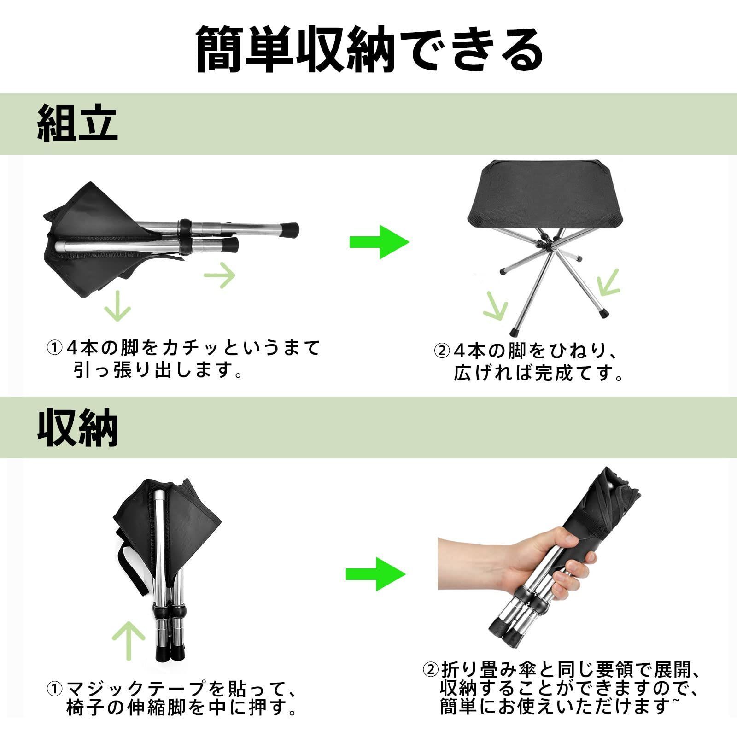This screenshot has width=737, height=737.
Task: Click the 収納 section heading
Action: point(77,428)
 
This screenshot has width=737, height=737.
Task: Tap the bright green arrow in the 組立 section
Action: point(379,242)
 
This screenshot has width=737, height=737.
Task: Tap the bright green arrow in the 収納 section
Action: point(376,574)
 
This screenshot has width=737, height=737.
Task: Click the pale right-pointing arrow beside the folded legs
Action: point(219,275)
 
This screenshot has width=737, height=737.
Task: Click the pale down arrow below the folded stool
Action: point(117,305)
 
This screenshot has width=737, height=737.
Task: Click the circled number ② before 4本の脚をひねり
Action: point(441,351)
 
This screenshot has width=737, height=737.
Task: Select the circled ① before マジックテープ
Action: point(54,689)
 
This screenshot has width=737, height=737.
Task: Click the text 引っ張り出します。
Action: point(158,370)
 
